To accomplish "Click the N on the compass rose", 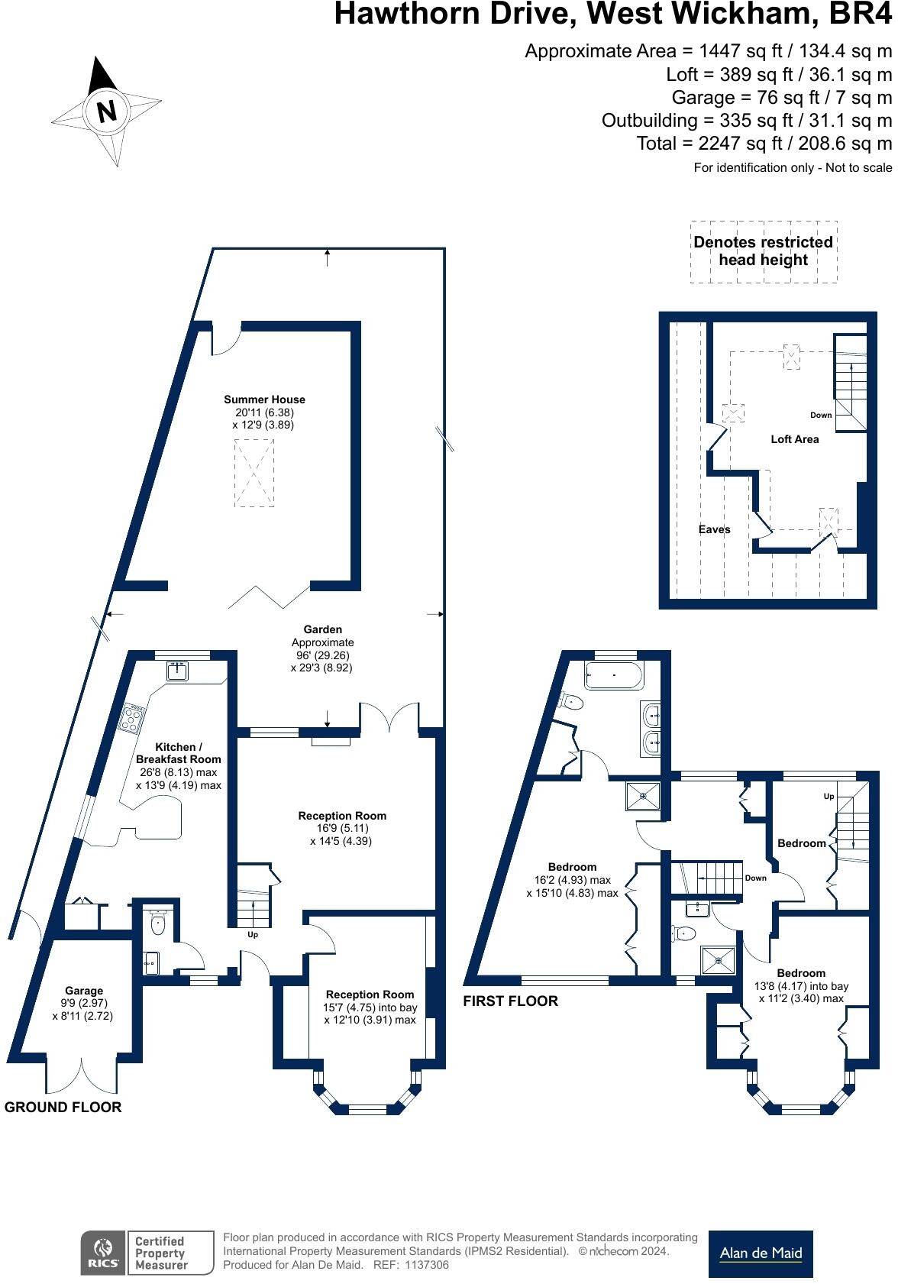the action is pyautogui.click(x=107, y=111).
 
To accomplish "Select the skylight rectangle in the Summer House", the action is pyautogui.click(x=254, y=473).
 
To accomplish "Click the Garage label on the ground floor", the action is pyautogui.click(x=84, y=991).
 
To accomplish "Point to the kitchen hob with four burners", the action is pyautogui.click(x=133, y=719).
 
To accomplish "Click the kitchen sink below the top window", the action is pyautogui.click(x=178, y=671).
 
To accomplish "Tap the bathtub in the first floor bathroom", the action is pyautogui.click(x=614, y=676).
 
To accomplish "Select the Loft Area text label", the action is pyautogui.click(x=794, y=439).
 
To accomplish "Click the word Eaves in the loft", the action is pyautogui.click(x=714, y=529).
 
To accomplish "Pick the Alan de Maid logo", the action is pyautogui.click(x=761, y=1253).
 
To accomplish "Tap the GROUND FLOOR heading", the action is pyautogui.click(x=63, y=1107).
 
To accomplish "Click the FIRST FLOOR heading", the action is pyautogui.click(x=510, y=1001).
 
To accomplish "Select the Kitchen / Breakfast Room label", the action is pyautogui.click(x=178, y=753).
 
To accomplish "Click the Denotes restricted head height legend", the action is pyautogui.click(x=763, y=251).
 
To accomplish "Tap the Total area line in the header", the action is pyautogui.click(x=764, y=144).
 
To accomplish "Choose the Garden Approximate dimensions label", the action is pyautogui.click(x=322, y=648).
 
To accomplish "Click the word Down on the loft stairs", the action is pyautogui.click(x=821, y=416).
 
